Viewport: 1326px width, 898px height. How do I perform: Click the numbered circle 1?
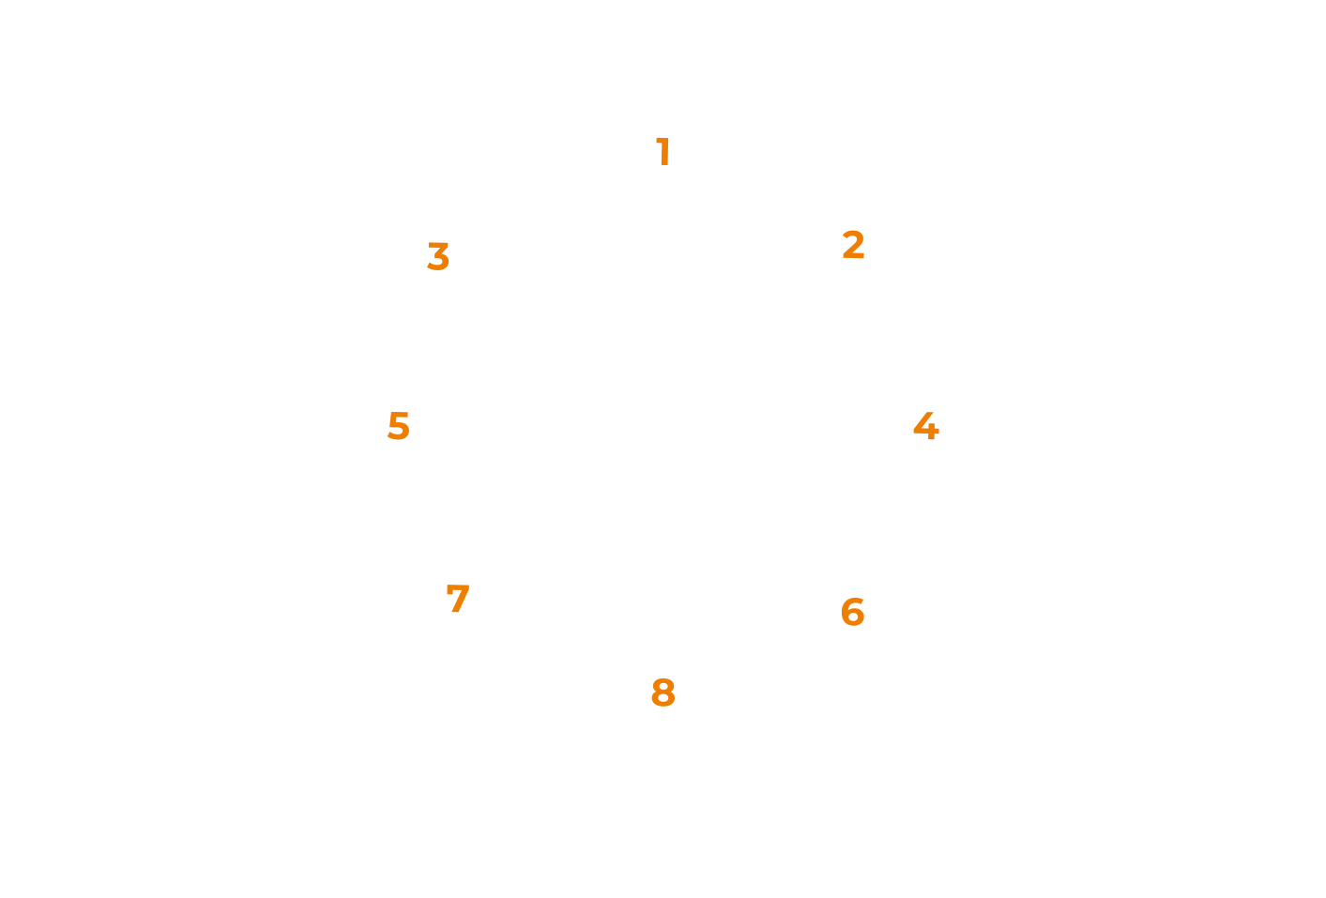[663, 151]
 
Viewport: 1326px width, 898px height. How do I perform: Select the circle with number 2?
[852, 244]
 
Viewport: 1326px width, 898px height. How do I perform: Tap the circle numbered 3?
[439, 257]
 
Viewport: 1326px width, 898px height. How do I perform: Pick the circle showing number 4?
[926, 426]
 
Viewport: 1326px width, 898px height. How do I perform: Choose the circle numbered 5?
[400, 426]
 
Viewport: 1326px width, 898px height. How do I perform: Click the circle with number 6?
[852, 612]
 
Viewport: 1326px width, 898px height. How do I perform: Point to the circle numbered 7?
[458, 600]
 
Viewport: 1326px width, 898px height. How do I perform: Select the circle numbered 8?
[663, 693]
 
